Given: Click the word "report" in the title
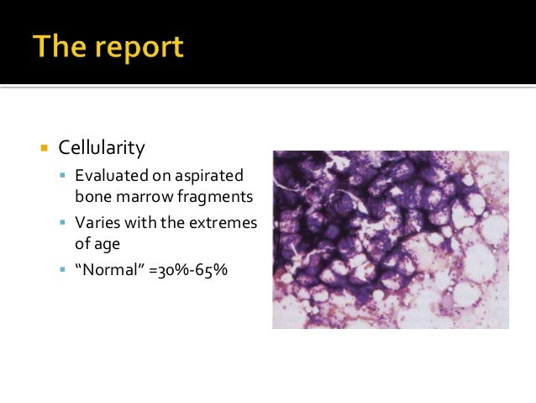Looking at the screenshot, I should (x=137, y=49).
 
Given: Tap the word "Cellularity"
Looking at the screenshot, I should (x=101, y=148).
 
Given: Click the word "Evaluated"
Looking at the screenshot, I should (x=110, y=176).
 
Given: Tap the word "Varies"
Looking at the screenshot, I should (x=97, y=224).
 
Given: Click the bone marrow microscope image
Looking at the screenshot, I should (x=390, y=239).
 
